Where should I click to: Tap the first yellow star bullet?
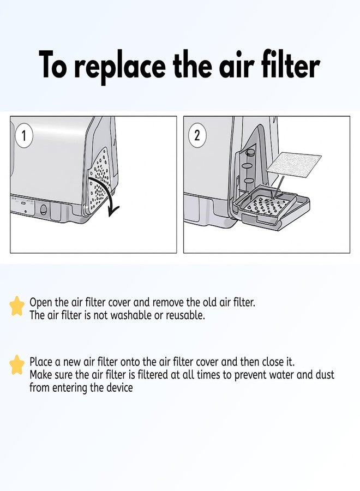(17, 307)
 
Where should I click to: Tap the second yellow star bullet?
(17, 365)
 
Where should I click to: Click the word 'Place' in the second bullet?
(41, 362)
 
